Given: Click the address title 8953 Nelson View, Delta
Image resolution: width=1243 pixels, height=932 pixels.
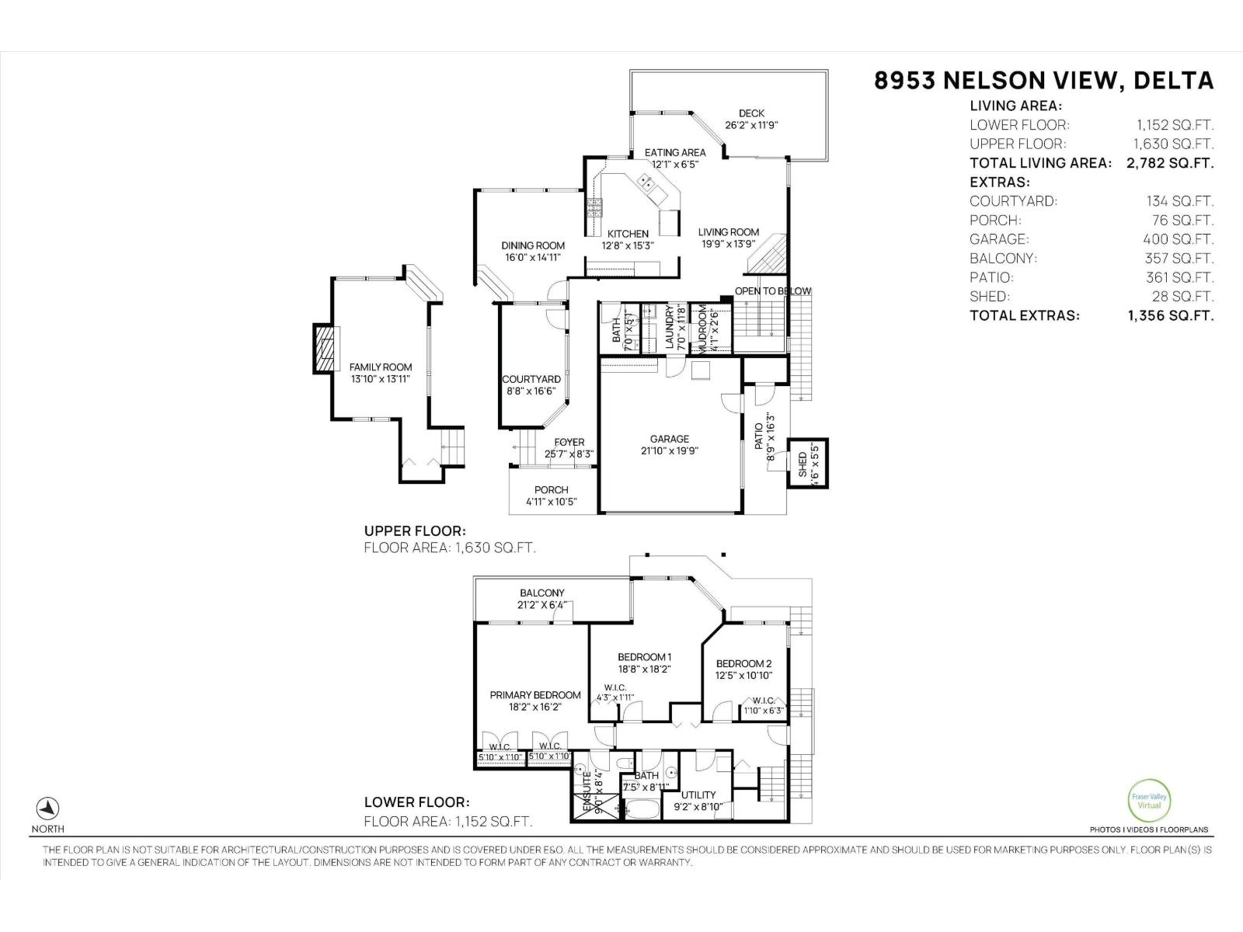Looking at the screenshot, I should pos(1043,81).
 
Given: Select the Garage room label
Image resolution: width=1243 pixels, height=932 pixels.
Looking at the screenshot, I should pos(669,439).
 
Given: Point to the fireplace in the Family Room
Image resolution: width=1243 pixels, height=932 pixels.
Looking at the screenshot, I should pos(326,347).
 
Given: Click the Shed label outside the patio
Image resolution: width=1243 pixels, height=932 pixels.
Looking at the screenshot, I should pos(803,464).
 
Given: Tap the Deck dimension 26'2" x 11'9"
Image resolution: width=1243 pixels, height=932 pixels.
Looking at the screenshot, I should pos(751,125).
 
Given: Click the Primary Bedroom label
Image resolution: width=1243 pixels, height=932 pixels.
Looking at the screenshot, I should pos(535,695).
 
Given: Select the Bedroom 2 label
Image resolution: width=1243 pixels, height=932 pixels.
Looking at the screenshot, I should pos(743,663).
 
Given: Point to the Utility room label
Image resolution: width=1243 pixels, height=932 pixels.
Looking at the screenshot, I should pos(698,795).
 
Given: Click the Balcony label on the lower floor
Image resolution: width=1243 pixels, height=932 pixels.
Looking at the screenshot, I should pos(542,593).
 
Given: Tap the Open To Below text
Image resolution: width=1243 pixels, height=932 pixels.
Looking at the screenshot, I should pos(773,291).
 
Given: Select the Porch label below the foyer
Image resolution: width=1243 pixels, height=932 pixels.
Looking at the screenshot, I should pos(551,490).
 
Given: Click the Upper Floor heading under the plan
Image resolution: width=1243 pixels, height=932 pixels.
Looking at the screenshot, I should pos(414,531).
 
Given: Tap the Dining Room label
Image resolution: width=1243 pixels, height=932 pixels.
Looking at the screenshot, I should pos(532,245).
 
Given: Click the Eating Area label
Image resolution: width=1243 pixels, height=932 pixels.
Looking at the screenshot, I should pos(675,152).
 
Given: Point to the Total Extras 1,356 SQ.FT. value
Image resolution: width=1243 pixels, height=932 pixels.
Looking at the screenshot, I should pos(1170,315).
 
